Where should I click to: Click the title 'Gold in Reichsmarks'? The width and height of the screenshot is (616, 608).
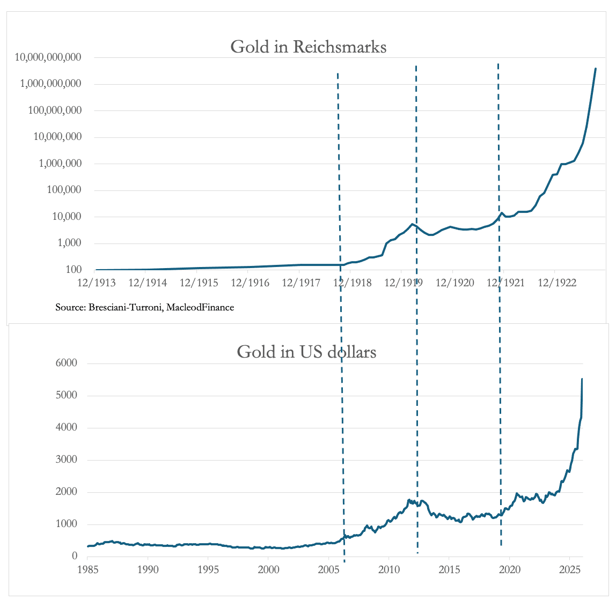[309, 47]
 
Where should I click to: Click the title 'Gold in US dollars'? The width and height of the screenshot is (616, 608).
[306, 352]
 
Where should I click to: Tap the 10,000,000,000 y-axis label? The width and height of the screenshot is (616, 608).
[48, 57]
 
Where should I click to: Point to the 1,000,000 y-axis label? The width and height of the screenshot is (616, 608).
[60, 164]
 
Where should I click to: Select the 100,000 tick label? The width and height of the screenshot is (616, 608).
[64, 190]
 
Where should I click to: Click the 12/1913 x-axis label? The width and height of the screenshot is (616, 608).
[97, 283]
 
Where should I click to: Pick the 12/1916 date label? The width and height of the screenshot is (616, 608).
[250, 283]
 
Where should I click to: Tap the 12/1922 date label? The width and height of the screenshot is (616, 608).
[556, 283]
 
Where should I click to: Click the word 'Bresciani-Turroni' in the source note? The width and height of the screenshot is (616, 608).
[126, 307]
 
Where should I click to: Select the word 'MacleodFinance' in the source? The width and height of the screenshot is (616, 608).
[200, 307]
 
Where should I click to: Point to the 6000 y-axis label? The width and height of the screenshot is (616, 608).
[67, 362]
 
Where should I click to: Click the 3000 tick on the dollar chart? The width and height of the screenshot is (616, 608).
[67, 459]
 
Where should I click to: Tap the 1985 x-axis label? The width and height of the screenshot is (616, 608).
[87, 569]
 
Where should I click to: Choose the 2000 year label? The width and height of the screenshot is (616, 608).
[268, 569]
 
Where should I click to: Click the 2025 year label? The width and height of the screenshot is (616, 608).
[570, 569]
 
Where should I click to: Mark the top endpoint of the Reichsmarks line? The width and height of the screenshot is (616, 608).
[596, 69]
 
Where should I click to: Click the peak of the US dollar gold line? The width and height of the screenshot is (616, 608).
[582, 379]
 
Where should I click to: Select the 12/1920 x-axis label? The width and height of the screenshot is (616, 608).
[454, 283]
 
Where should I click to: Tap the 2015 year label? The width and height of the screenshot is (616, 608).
[449, 569]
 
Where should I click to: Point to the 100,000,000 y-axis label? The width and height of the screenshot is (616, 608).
[55, 110]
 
